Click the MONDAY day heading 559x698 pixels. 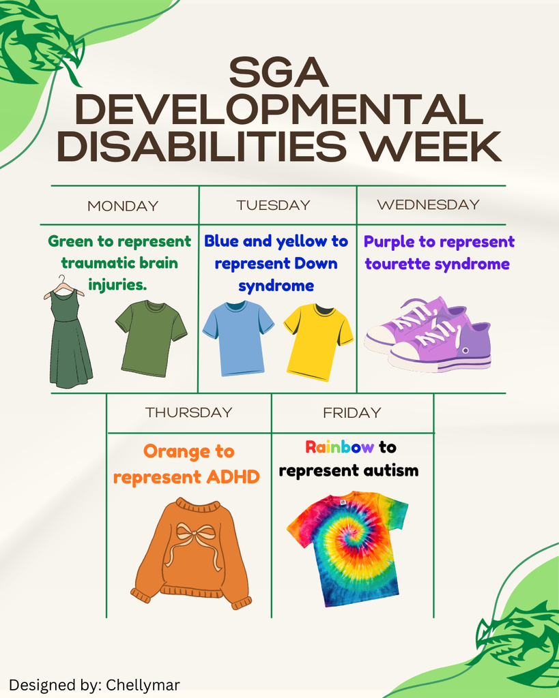pos(123,206)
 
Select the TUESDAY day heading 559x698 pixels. pos(273,205)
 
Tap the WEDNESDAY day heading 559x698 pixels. pos(428,204)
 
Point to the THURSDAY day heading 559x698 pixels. pos(188,412)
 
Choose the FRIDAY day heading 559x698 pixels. pos(352,412)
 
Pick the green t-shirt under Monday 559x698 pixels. pos(150,337)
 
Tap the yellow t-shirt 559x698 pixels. pos(317,341)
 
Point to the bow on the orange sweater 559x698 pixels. pos(194,538)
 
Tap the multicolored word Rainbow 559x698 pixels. pos(339,447)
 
